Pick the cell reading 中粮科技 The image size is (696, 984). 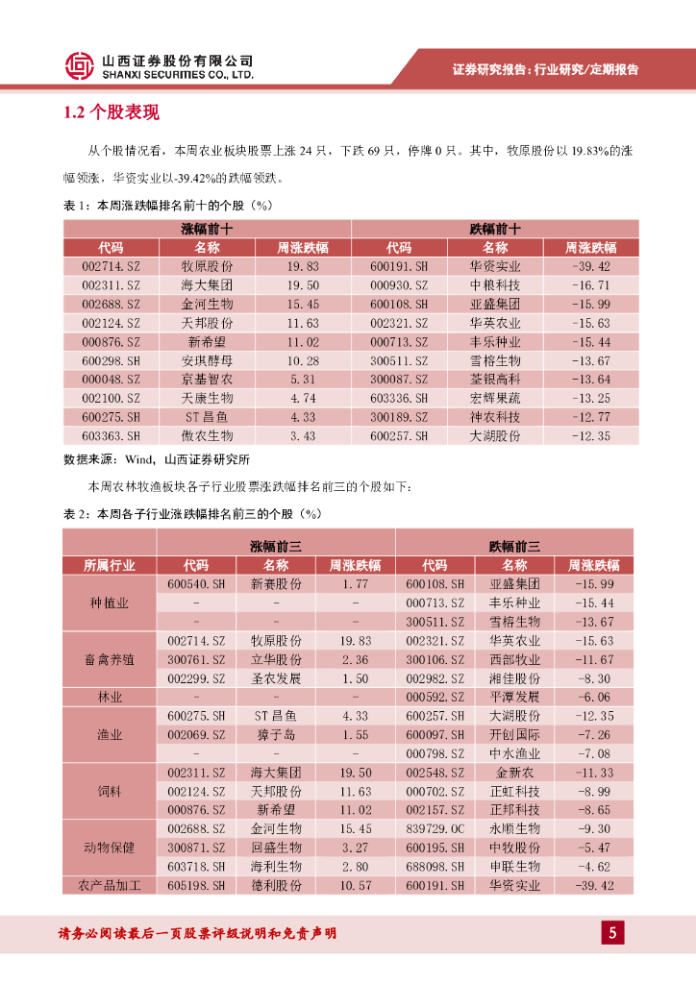495,285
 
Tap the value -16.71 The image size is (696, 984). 590,285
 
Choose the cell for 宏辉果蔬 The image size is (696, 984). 495,398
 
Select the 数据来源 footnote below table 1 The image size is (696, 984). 157,459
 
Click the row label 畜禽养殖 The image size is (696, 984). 109,659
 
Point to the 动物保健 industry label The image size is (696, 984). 109,848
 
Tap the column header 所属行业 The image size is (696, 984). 109,565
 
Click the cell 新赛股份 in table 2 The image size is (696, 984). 276,584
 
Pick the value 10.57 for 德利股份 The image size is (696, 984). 356,885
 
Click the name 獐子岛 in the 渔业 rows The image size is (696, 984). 276,734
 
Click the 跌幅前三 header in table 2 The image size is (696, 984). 514,546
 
